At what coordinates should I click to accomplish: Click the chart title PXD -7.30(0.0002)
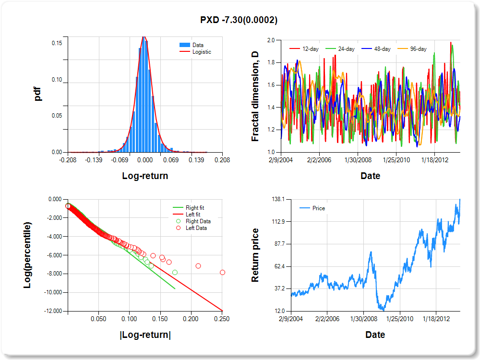pos(239,20)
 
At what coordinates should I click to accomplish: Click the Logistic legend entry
pos(201,52)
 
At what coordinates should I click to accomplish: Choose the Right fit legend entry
pos(195,208)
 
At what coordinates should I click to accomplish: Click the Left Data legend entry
pos(196,228)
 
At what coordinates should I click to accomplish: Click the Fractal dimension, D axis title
pos(255,96)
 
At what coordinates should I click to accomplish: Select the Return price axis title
pos(255,255)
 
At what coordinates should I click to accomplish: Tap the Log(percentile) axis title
pos(28,255)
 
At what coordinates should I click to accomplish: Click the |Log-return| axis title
pos(145,335)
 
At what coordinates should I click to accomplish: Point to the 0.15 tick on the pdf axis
pos(56,43)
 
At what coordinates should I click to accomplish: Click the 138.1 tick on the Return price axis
pos(278,199)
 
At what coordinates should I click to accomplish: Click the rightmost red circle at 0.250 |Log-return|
pos(222,272)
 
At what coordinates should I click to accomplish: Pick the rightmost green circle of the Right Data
pos(175,272)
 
